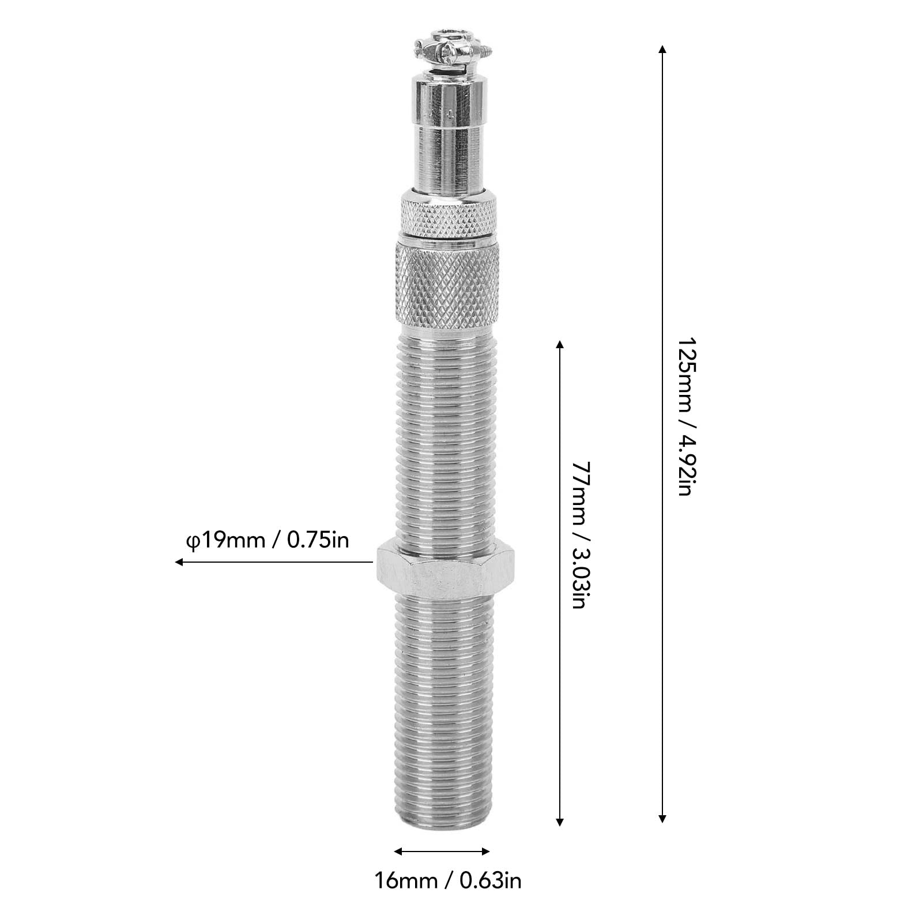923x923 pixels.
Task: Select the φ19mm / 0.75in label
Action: point(267,540)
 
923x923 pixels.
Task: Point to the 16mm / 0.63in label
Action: point(448,881)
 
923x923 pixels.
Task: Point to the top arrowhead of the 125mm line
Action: point(662,49)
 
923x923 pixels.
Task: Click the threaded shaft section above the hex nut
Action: point(447,438)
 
